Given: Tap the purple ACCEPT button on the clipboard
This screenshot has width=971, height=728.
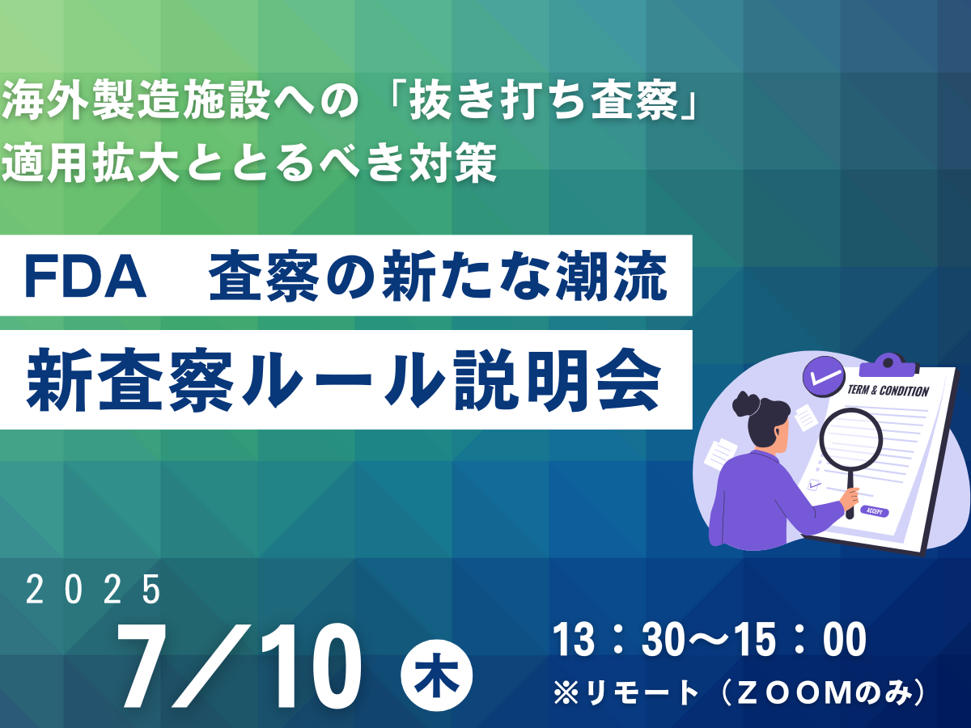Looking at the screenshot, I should tap(875, 511).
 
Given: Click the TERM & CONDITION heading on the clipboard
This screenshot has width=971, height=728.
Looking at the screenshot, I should tap(887, 391).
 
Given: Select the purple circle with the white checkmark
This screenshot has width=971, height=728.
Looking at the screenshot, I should tap(824, 376).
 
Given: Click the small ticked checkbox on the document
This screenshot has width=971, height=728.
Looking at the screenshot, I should tap(814, 485).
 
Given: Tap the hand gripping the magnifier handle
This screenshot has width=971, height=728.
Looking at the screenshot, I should tap(849, 502).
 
